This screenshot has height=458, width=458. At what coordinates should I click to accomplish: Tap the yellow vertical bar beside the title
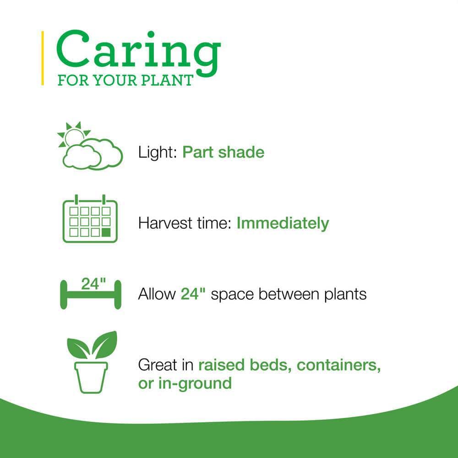(x=43, y=58)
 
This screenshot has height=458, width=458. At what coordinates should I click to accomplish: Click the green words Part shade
(x=224, y=152)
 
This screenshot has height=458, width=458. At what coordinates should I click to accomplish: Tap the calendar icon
(x=90, y=220)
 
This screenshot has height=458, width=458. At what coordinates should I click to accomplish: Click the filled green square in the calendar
(x=106, y=232)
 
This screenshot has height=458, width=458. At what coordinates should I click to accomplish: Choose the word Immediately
(x=283, y=223)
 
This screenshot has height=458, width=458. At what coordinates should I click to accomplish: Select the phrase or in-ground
(x=185, y=383)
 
